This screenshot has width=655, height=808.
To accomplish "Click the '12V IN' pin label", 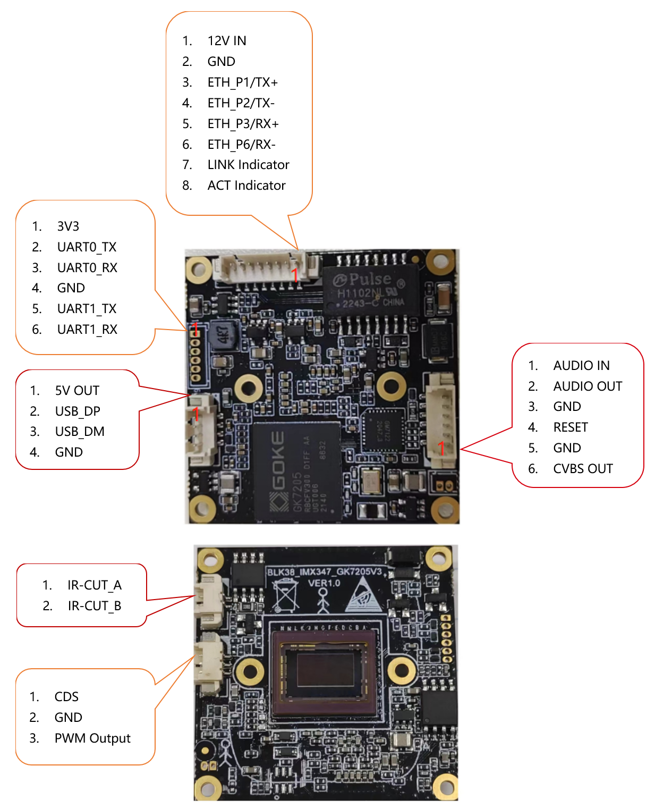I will click(227, 41).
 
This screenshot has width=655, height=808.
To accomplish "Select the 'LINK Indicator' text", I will click(248, 165).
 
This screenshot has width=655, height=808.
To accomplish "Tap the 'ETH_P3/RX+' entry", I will click(243, 124).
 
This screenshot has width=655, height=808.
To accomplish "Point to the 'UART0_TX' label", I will click(87, 247).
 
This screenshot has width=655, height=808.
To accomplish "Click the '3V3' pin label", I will click(68, 226).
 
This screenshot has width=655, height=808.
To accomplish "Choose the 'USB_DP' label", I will click(78, 411).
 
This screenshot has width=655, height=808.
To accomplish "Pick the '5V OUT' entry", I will click(77, 391).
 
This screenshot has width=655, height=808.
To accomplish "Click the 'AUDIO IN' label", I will click(581, 366).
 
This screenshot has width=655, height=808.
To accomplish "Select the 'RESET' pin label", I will click(571, 427).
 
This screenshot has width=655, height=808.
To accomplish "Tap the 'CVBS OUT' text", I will click(583, 469).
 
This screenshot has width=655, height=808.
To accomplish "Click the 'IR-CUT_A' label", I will click(95, 585).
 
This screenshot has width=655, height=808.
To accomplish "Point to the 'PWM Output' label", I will click(92, 738).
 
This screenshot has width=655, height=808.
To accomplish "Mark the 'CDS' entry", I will click(66, 697).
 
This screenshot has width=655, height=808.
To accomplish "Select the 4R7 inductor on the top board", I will click(224, 335).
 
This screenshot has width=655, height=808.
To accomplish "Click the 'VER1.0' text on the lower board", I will click(324, 583).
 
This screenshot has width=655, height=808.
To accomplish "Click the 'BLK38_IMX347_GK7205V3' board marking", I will click(324, 572).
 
